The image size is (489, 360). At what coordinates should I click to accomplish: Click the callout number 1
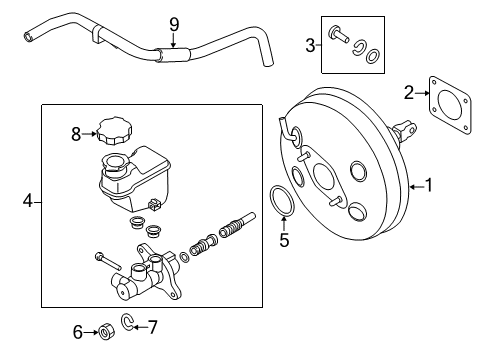pos(430,184)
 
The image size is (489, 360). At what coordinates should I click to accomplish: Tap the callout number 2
pos(409,92)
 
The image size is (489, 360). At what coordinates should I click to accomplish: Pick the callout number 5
pos(283,240)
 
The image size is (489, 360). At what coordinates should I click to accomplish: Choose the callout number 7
pos(153,325)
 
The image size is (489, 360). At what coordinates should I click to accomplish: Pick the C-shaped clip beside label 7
pos(130,322)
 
